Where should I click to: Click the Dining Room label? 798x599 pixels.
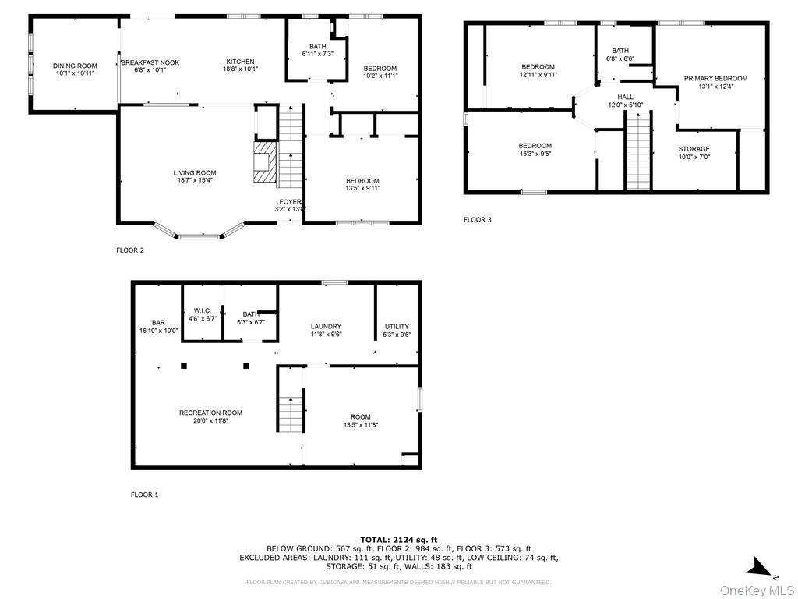(x=75, y=66)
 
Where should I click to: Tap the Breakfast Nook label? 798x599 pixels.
(x=150, y=62)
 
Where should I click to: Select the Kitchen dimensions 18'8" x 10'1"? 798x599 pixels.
(x=240, y=69)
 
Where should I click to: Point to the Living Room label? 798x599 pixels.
(x=195, y=173)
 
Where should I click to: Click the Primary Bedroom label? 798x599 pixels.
(x=715, y=78)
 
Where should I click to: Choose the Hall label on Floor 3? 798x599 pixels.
(x=626, y=97)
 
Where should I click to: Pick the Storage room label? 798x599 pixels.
(x=694, y=149)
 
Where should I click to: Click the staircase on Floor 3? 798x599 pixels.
(x=637, y=151)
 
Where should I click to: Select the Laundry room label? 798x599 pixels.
(x=326, y=327)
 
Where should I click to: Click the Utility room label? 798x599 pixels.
(x=397, y=327)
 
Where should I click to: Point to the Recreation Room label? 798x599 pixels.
(x=210, y=413)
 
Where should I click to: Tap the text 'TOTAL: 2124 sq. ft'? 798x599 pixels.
(x=398, y=540)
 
